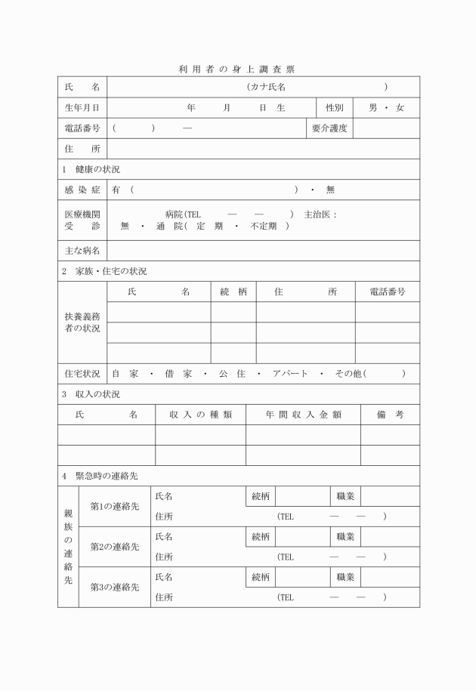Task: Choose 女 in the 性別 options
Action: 400,108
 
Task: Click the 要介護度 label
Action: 329,128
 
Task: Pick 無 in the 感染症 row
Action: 330,190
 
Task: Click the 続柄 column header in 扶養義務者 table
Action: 233,292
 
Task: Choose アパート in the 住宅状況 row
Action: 288,373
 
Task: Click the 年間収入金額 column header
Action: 303,414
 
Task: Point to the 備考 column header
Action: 390,414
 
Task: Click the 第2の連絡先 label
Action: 115,546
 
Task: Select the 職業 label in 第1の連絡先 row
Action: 346,495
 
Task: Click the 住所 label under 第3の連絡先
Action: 164,597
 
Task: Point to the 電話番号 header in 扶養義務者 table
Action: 388,292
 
